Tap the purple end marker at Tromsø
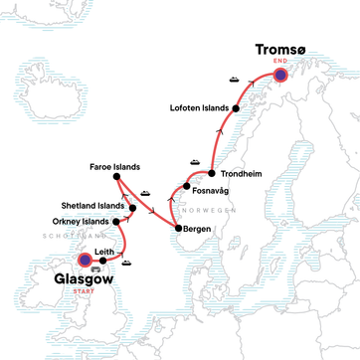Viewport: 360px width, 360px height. coord(280,76)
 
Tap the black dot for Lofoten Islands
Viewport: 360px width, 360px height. coord(236,107)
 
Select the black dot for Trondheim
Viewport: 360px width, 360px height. coord(212,173)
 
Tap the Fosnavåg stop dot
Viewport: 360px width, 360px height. coord(186,186)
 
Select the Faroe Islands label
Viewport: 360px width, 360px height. coord(110,166)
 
